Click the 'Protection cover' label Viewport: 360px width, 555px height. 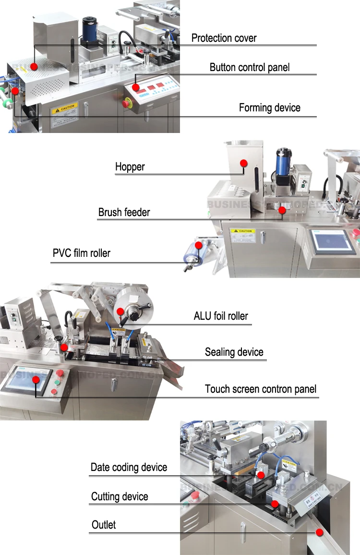(x=224, y=38)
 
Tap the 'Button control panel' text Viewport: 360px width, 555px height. (x=250, y=68)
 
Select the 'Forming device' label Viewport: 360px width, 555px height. (x=269, y=108)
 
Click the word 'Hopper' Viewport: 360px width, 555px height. (x=130, y=167)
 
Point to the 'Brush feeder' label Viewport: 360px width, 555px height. (x=124, y=212)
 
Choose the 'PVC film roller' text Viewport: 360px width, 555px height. (x=81, y=253)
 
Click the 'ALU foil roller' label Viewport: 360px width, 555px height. (x=221, y=316)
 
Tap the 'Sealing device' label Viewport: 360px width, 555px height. (x=234, y=352)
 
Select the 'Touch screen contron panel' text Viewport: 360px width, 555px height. (x=261, y=389)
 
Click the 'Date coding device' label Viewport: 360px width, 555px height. (x=129, y=468)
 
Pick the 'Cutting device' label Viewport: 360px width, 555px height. (x=120, y=497)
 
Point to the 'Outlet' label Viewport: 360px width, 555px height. (x=104, y=525)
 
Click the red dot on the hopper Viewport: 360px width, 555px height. (x=243, y=163)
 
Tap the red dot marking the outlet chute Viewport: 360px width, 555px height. (x=319, y=532)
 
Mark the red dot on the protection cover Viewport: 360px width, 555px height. (x=34, y=66)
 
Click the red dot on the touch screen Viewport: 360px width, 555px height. (x=36, y=380)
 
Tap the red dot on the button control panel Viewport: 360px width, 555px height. (x=136, y=87)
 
